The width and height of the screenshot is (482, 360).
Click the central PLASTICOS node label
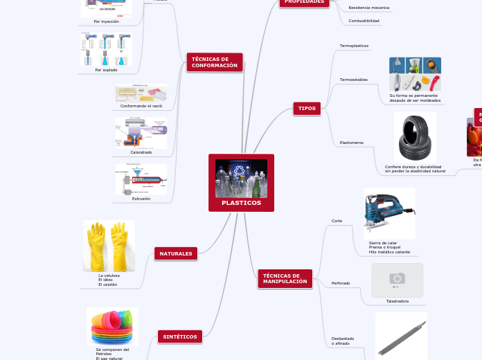pos(241,203)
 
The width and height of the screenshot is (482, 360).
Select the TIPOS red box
pos(307,109)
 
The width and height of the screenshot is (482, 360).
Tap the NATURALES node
pos(176,254)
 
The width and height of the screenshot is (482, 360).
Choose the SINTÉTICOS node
pos(180,336)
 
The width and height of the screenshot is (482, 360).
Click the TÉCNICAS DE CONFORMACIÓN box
pos(215,62)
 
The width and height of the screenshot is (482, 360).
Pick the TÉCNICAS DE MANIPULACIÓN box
pos(285,279)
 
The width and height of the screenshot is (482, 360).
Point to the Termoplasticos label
pos(354,46)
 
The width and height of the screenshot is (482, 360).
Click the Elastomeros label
pos(352,143)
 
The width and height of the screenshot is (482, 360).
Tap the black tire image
pos(416,138)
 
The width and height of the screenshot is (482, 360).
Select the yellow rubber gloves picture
pos(109,246)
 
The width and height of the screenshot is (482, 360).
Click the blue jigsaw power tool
pos(389,213)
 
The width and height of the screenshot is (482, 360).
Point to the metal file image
pos(401,336)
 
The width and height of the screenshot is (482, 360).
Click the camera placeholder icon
pos(397,279)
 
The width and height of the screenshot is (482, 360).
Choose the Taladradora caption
pos(398,301)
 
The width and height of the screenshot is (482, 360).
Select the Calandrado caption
pos(141,152)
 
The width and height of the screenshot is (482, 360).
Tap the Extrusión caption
pos(141,199)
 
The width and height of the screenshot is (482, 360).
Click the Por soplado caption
pos(106,70)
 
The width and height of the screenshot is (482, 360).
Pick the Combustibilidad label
pos(364,21)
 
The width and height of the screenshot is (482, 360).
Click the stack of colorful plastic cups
pos(112,326)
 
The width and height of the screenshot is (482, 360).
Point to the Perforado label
pos(341,283)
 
